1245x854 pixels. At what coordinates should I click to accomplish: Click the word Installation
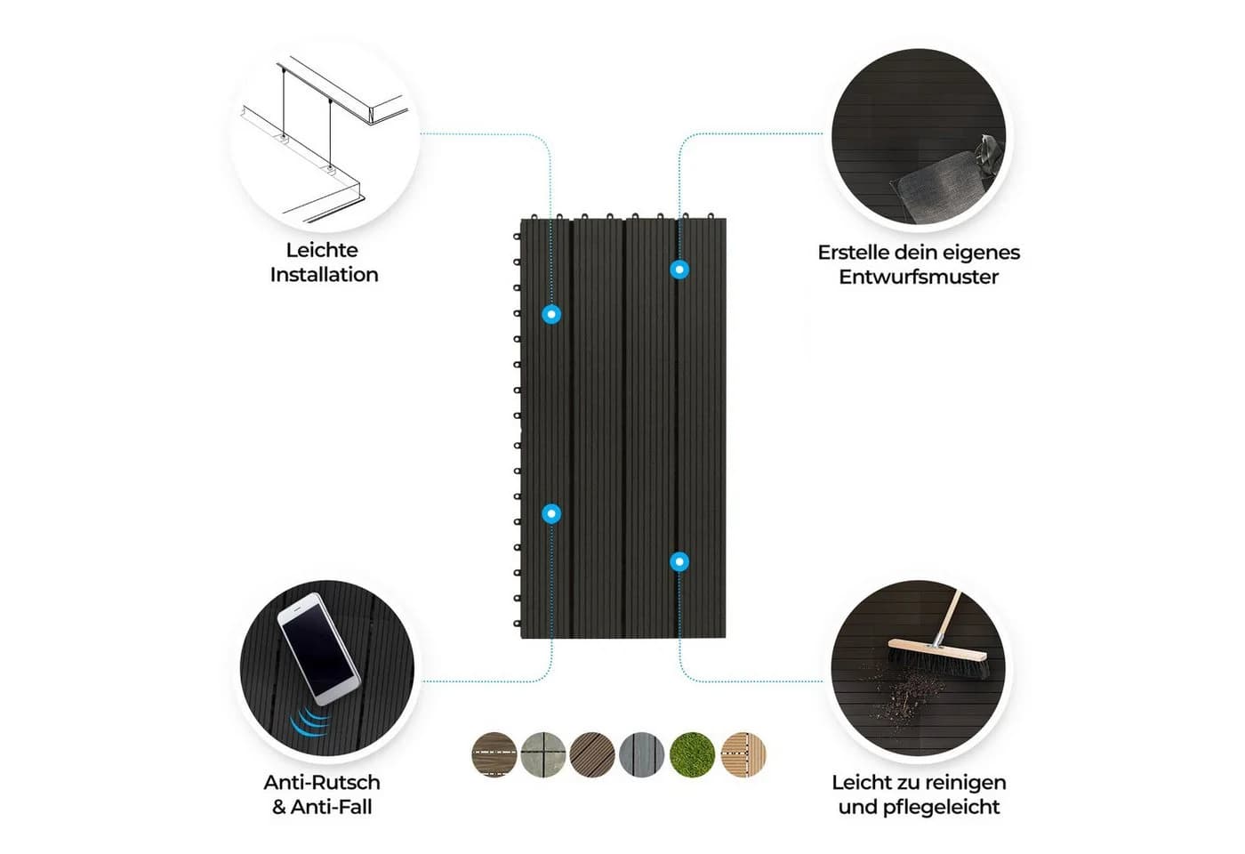point(324,275)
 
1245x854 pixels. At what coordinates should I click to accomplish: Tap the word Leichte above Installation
point(322,250)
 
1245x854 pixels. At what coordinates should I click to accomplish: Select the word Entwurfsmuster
point(919,277)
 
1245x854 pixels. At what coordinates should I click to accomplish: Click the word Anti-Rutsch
point(322,782)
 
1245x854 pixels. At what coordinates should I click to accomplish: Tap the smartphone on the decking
point(319,649)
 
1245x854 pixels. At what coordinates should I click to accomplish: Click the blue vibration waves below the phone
point(309,721)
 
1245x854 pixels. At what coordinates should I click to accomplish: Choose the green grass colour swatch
point(692,754)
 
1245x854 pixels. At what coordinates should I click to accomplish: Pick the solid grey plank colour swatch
point(642,754)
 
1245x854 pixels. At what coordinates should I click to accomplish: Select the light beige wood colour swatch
point(743,754)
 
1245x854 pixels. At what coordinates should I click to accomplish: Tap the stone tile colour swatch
point(543,754)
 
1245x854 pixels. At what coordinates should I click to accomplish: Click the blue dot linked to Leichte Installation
point(551,315)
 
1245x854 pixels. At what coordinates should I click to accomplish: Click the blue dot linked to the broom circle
point(679,562)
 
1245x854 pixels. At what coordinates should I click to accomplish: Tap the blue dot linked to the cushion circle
point(679,270)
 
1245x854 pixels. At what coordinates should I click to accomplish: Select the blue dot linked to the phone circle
point(551,514)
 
